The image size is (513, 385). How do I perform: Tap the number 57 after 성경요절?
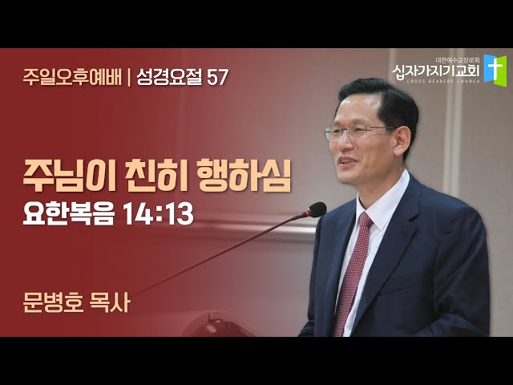point(217,77)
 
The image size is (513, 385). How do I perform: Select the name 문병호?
point(53,302)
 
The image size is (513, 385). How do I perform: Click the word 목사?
point(110,302)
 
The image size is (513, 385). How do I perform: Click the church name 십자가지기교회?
point(436,71)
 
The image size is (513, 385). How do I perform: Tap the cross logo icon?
point(495,71)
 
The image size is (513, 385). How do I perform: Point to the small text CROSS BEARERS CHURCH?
point(443,81)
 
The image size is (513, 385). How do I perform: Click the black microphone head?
point(315,210)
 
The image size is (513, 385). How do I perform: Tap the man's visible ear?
point(402,141)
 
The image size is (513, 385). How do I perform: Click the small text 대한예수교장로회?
point(458,59)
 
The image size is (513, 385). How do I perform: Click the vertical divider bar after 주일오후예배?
point(129,77)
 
